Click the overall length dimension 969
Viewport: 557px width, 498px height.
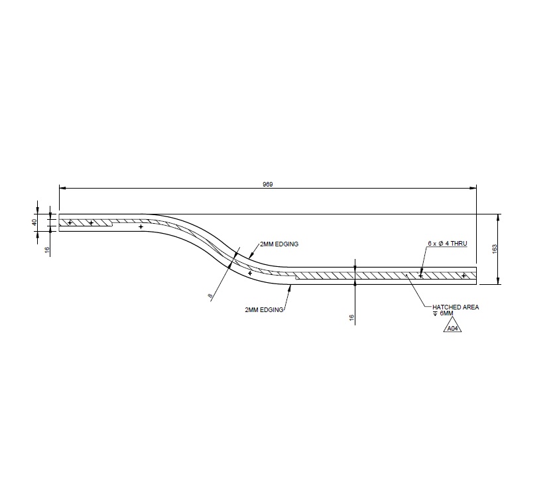[268, 184]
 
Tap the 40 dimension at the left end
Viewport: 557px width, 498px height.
[34, 222]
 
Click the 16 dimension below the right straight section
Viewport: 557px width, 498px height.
[351, 317]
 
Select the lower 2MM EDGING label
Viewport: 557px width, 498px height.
[264, 309]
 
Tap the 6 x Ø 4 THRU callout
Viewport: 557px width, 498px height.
[448, 244]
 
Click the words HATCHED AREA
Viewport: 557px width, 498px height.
[455, 307]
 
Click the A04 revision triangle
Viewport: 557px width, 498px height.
[452, 327]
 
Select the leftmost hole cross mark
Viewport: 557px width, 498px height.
[70, 222]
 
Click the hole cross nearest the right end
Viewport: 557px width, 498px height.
[464, 276]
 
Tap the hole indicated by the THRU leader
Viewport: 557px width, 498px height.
[420, 276]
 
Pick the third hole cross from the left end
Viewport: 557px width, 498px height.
[141, 227]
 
